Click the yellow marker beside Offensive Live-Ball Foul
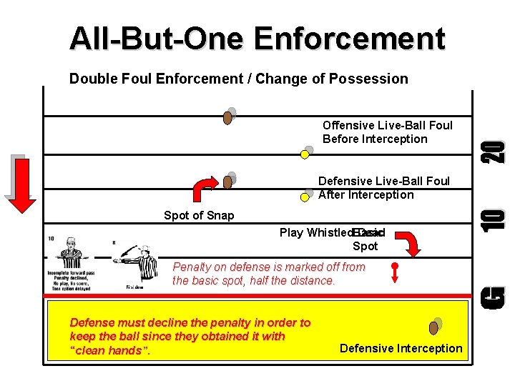pos(307,152)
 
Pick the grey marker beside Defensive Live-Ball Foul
pos(308,194)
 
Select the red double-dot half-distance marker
pos(393,272)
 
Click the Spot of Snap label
pos(199,215)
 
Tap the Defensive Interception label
pos(401,349)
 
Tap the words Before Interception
pos(375,139)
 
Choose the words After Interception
pos(366,195)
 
